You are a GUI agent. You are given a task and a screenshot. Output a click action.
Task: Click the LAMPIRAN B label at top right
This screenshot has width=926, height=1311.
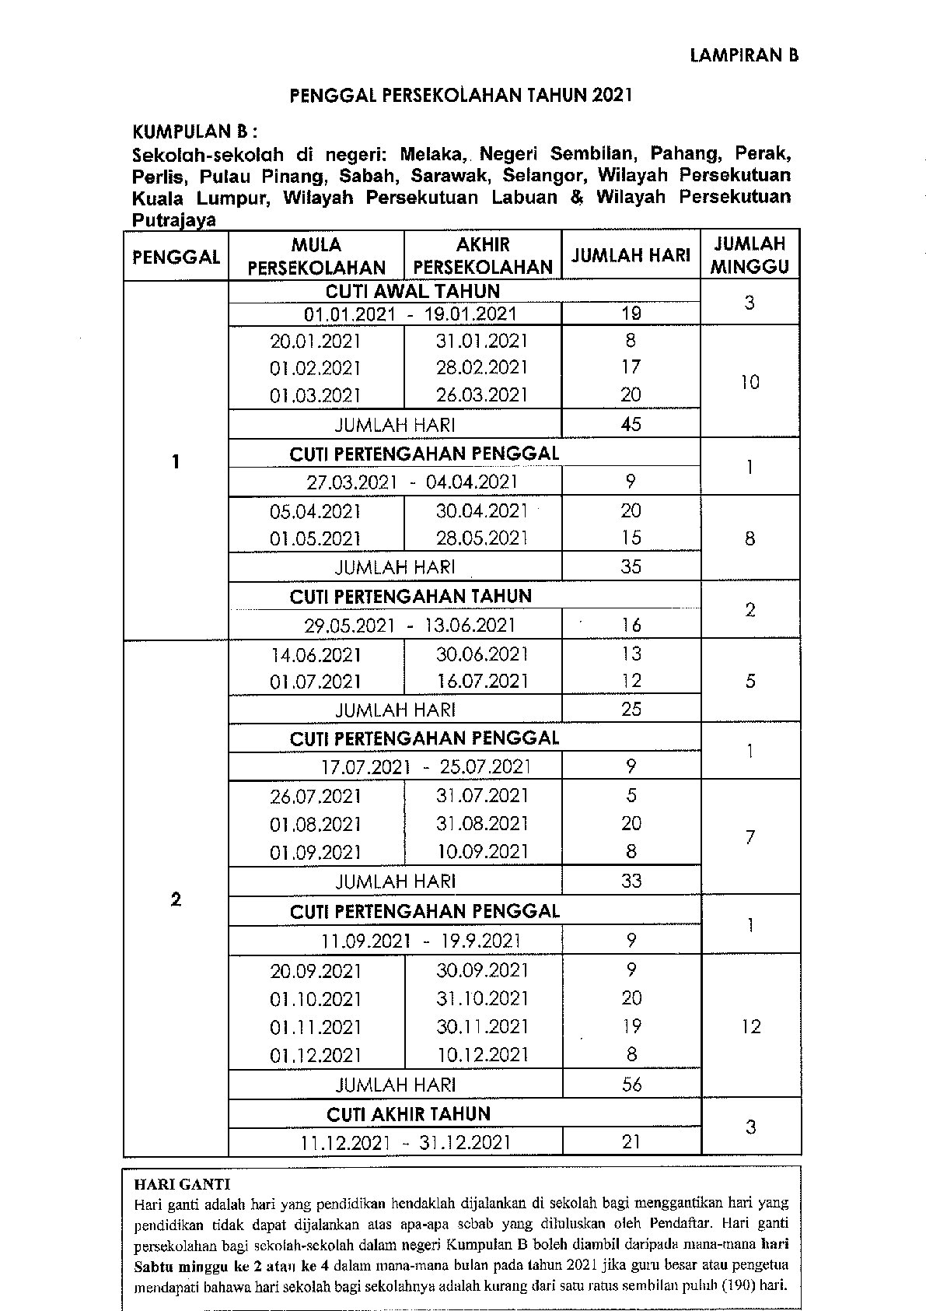(x=744, y=55)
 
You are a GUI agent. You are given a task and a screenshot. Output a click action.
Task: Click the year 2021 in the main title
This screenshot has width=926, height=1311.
(x=612, y=96)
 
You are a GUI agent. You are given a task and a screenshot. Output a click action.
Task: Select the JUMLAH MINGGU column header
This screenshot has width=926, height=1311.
(x=750, y=255)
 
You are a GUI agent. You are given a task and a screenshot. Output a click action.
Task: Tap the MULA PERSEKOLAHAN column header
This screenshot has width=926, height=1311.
(x=316, y=256)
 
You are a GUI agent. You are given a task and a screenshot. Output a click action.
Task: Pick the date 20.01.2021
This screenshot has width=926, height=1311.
(x=316, y=341)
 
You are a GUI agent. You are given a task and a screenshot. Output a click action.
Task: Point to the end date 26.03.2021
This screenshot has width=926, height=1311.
(x=482, y=395)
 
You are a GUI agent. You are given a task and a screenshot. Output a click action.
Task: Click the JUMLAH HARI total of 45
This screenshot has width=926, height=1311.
(x=631, y=424)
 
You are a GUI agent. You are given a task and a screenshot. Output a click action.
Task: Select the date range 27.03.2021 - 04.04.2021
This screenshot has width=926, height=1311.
(x=412, y=482)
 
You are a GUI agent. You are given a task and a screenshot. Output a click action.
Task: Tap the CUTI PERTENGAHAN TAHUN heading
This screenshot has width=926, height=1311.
(x=411, y=597)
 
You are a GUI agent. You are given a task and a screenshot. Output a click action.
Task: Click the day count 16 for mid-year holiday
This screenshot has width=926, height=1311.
(x=631, y=625)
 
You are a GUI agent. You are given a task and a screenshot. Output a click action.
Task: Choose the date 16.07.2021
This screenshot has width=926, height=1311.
(x=482, y=682)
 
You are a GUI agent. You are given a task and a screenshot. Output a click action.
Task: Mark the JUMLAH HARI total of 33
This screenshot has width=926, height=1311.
(x=631, y=881)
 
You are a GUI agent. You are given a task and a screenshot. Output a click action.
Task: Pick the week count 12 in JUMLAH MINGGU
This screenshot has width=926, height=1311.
(x=750, y=1026)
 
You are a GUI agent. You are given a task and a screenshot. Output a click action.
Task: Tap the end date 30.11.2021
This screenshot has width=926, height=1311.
(x=482, y=1027)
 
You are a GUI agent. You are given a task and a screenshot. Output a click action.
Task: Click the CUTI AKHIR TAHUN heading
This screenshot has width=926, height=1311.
(x=408, y=1114)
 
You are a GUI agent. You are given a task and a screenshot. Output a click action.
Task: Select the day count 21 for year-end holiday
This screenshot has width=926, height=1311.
(x=631, y=1141)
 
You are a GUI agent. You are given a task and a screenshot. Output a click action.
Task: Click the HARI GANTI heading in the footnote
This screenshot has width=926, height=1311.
(x=182, y=1185)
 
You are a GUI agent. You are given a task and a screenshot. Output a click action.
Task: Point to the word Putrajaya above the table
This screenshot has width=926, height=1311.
(x=173, y=220)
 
